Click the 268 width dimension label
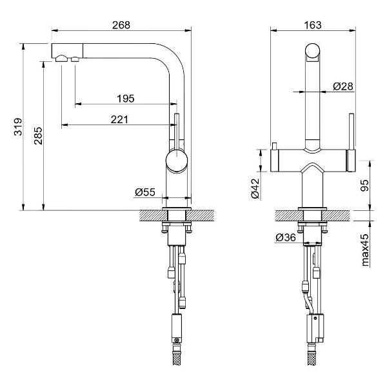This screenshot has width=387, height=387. pos(121,25)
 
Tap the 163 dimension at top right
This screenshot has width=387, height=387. pos(313,25)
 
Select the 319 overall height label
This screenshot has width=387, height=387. pos(18,127)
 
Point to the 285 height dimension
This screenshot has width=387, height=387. pos(38,135)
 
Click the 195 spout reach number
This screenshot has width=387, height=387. pos(126,99)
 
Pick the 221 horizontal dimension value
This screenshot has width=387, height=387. pos(119,120)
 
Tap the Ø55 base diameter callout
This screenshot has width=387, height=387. pos(145,192)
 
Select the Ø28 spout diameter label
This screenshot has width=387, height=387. pos(343,86)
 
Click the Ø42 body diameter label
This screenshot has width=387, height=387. pos(255,188)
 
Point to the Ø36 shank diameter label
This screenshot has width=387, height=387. pos(286,237)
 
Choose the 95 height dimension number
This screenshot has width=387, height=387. pos(364,185)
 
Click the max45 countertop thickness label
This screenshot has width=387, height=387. pos(365,250)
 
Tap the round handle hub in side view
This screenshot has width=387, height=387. pos(177,161)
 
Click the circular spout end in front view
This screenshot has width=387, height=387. pos(313,51)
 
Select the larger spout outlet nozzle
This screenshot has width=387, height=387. pos(61,59)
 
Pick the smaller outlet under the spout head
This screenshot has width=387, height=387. pos(75,59)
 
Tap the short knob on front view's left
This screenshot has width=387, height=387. pos(274,146)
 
